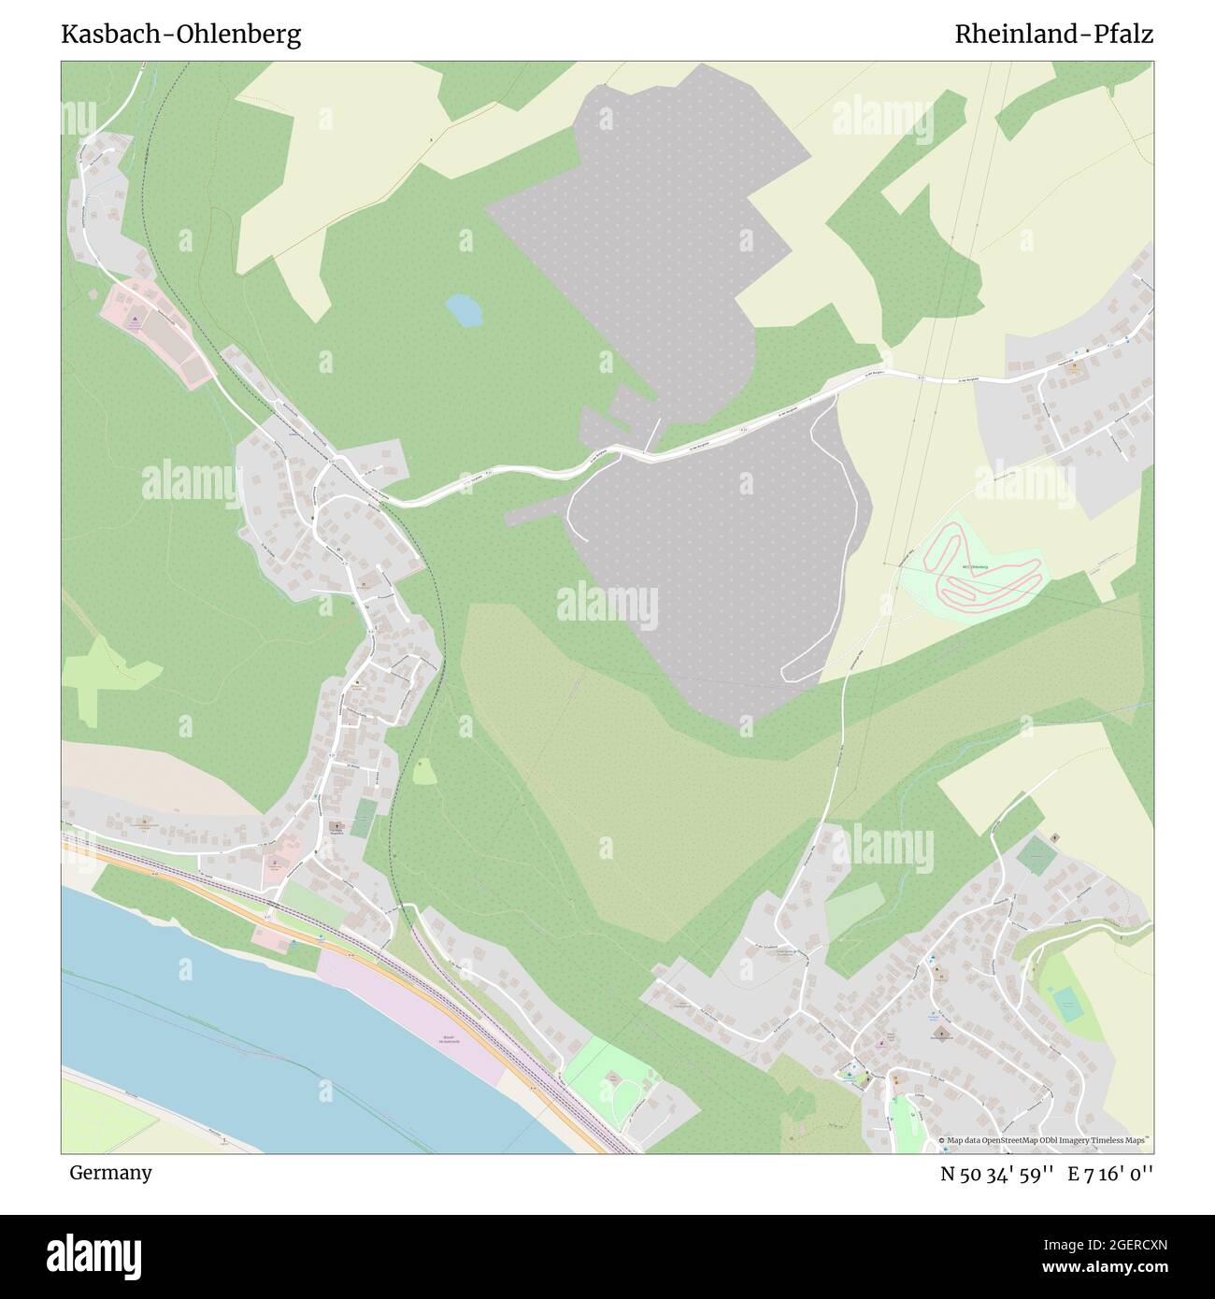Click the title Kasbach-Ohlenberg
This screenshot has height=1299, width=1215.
click(x=180, y=36)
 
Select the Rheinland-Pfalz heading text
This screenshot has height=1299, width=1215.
click(x=1053, y=36)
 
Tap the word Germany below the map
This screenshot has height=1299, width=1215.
click(x=110, y=1172)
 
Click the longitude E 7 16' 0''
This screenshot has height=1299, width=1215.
click(x=1108, y=1173)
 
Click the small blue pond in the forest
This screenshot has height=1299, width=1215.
click(x=464, y=310)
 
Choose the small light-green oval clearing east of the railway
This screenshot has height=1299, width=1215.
click(x=423, y=772)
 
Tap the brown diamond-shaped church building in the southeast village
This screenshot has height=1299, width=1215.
click(x=942, y=1034)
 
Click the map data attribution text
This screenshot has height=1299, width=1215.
click(x=1045, y=1141)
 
